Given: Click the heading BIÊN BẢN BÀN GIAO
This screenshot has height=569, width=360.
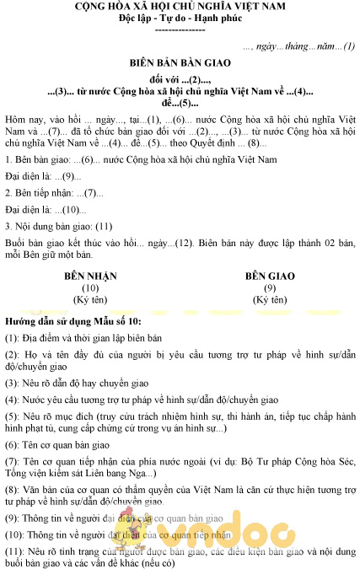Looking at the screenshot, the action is pos(180,63).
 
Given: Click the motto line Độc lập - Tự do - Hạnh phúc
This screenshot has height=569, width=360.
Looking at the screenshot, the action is pos(180,18).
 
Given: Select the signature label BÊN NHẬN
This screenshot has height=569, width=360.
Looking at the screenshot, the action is pos(90,276).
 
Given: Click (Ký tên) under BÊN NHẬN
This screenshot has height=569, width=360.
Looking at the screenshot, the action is pos(90,299).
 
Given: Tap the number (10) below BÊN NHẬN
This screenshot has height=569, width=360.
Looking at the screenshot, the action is pos(90,287).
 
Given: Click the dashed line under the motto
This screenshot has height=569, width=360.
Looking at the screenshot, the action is pos(180,30).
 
